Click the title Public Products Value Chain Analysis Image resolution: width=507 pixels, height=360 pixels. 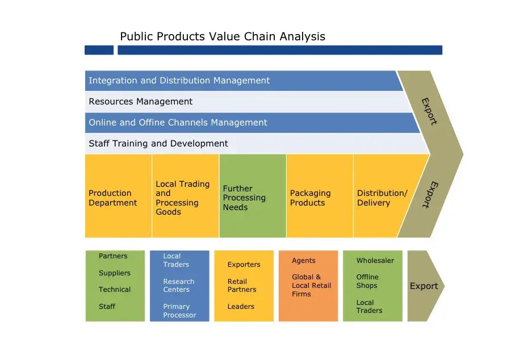point(223,37)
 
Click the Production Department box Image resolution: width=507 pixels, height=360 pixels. point(118,198)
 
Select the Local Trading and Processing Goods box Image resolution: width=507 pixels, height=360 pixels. point(185,198)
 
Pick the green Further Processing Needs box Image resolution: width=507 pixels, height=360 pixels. point(252,198)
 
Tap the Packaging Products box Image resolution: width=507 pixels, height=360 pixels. point(319,198)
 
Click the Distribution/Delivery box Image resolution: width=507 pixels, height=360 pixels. point(382,198)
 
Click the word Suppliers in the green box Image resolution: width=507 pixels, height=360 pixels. point(115,273)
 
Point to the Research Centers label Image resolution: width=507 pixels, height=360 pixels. point(179,286)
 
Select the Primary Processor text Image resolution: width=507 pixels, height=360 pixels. point(179,311)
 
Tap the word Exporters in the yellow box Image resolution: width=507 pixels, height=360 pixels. point(244,265)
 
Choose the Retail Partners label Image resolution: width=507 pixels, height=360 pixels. point(242,286)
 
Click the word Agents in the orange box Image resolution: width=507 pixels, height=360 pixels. point(304,261)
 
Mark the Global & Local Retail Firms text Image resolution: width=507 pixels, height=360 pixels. point(311,286)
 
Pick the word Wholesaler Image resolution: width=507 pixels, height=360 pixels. point(375,261)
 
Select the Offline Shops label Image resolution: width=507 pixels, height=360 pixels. point(367,281)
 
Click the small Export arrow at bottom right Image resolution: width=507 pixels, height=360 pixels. point(424,286)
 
